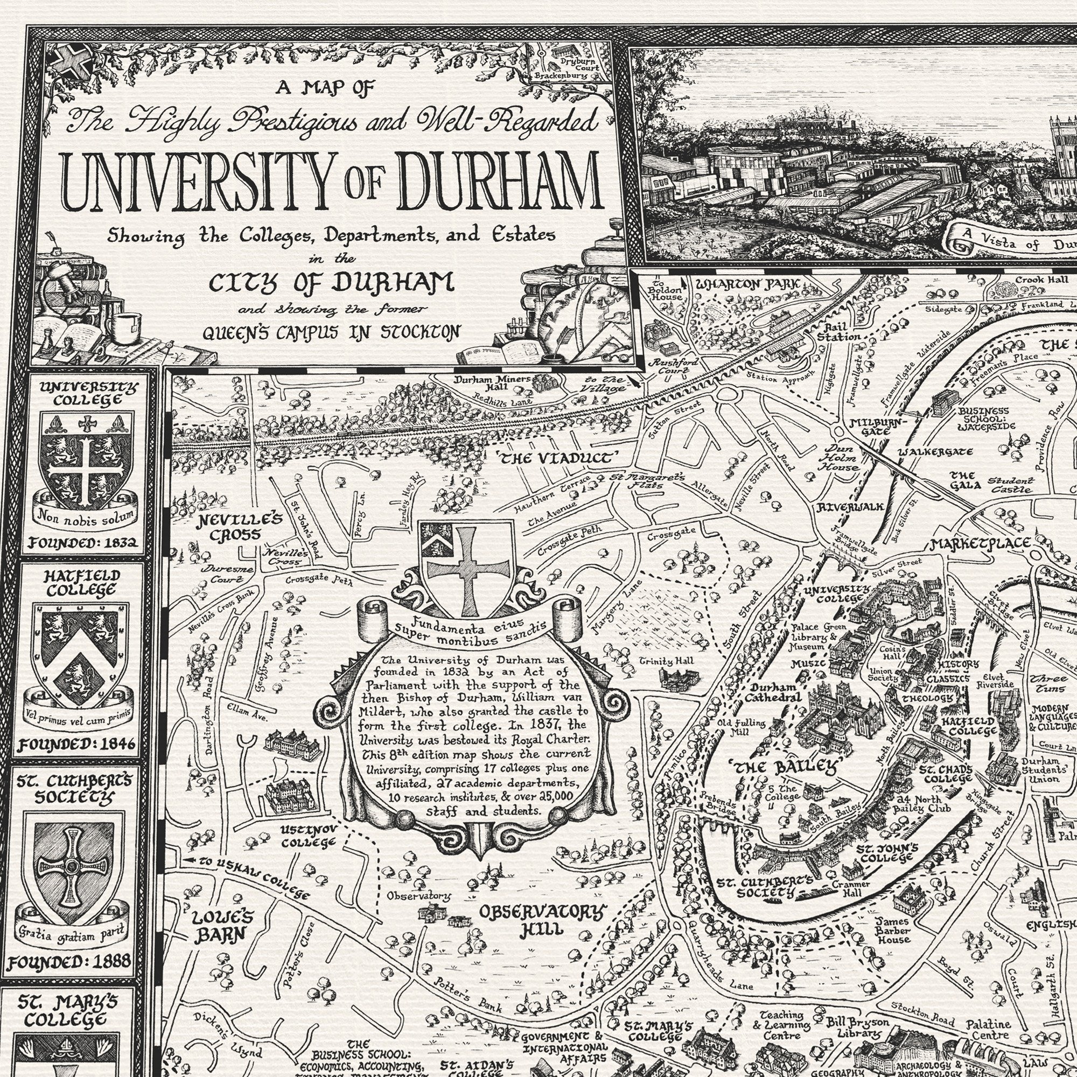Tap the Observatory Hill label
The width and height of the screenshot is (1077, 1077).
pos(541,919)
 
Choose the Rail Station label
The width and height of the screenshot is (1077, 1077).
pos(839,332)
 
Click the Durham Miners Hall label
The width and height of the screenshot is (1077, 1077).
pos(492,383)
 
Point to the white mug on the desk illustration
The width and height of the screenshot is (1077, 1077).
pos(127,327)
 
